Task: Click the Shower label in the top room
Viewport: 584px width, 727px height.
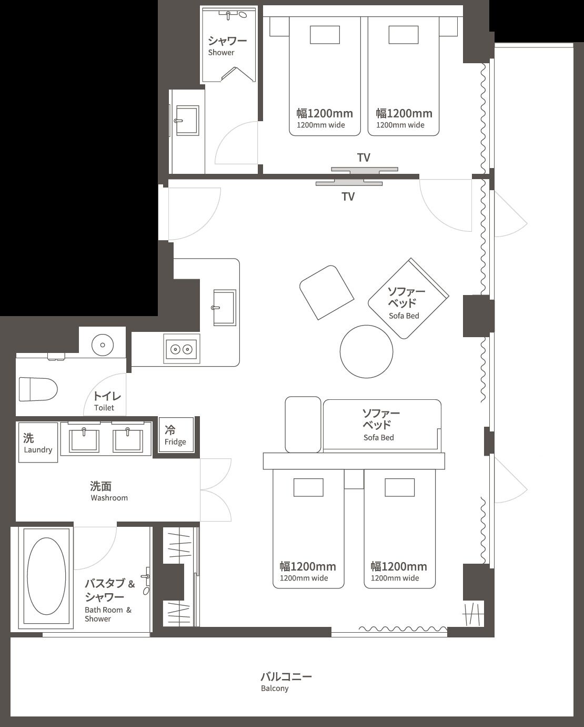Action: tap(227, 45)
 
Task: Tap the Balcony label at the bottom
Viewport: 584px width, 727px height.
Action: tap(286, 681)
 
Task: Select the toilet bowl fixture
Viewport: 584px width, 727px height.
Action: tap(38, 389)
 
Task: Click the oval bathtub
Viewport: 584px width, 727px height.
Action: tap(46, 576)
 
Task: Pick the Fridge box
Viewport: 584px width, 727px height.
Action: tap(176, 435)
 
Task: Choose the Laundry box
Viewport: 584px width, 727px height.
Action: tap(38, 443)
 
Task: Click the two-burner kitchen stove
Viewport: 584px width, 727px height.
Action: tap(181, 349)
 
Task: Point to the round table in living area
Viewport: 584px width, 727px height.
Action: tap(366, 351)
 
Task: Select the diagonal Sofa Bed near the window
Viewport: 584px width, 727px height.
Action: tap(408, 299)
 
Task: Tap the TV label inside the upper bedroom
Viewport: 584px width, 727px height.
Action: tap(364, 158)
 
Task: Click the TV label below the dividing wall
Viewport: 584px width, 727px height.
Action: tap(348, 197)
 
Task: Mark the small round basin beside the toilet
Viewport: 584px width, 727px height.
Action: tap(103, 345)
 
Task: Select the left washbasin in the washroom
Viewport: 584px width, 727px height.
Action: tap(85, 439)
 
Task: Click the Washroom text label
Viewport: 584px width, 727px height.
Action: tap(108, 491)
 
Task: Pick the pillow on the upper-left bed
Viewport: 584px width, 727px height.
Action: tap(325, 35)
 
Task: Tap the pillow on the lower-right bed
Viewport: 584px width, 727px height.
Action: tap(399, 487)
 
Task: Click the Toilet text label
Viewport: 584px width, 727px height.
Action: tap(107, 400)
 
